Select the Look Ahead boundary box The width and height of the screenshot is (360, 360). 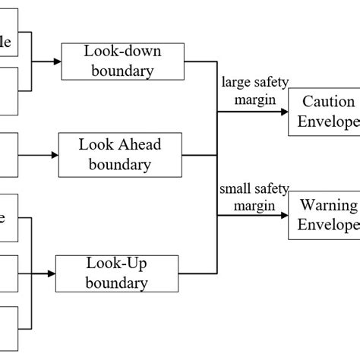click(x=119, y=154)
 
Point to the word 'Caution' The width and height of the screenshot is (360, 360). click(x=328, y=102)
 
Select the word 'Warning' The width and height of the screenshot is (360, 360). click(x=328, y=206)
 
